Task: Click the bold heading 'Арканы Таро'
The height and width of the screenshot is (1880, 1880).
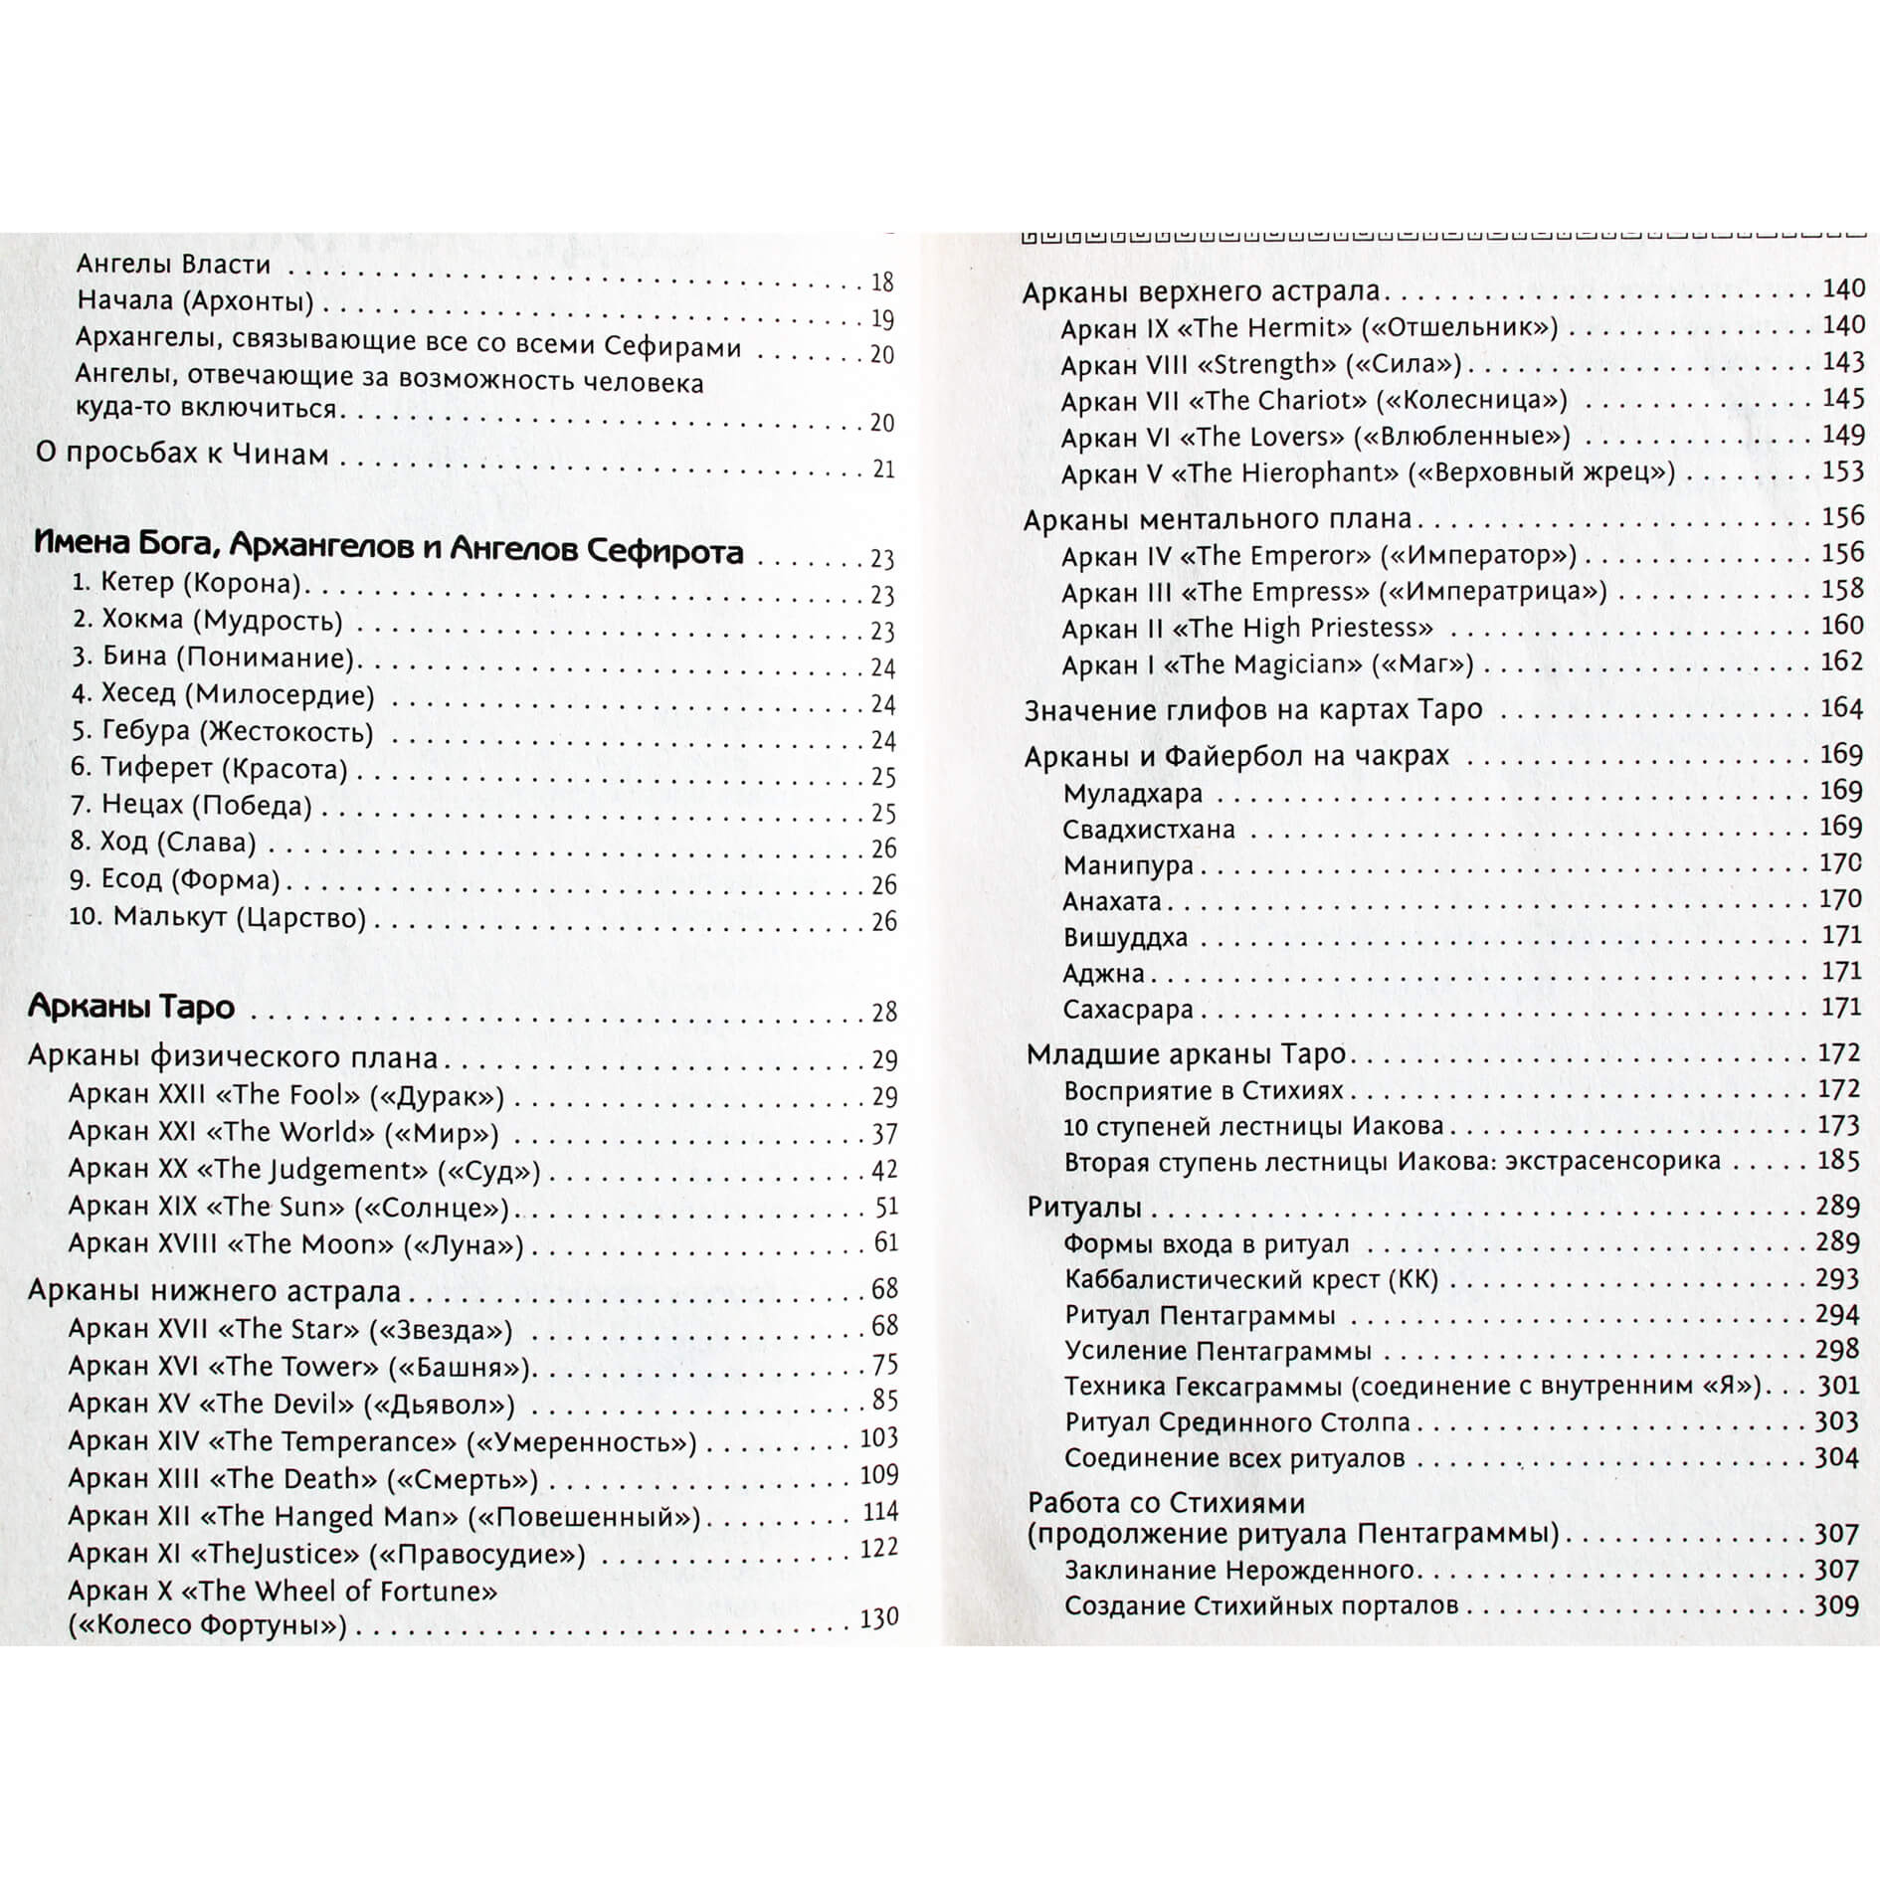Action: point(131,1007)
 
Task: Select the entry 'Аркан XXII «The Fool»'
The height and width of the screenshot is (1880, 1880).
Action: point(286,1096)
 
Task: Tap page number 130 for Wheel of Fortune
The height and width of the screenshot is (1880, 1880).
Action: point(878,1618)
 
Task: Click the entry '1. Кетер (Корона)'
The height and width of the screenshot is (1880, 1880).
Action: point(186,583)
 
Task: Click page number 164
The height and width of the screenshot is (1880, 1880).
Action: point(1840,708)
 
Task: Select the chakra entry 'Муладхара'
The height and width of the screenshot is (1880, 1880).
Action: point(1132,794)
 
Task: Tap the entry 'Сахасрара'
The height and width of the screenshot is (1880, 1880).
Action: point(1127,1010)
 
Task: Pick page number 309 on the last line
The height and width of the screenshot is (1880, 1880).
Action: point(1836,1604)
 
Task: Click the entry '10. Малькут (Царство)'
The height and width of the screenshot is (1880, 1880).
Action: point(217,917)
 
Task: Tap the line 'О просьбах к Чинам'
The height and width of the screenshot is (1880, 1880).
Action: point(182,455)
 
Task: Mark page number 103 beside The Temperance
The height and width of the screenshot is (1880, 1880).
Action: point(878,1437)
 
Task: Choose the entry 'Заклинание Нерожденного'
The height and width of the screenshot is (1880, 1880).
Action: point(1239,1571)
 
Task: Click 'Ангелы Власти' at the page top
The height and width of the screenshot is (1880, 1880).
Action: point(173,265)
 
